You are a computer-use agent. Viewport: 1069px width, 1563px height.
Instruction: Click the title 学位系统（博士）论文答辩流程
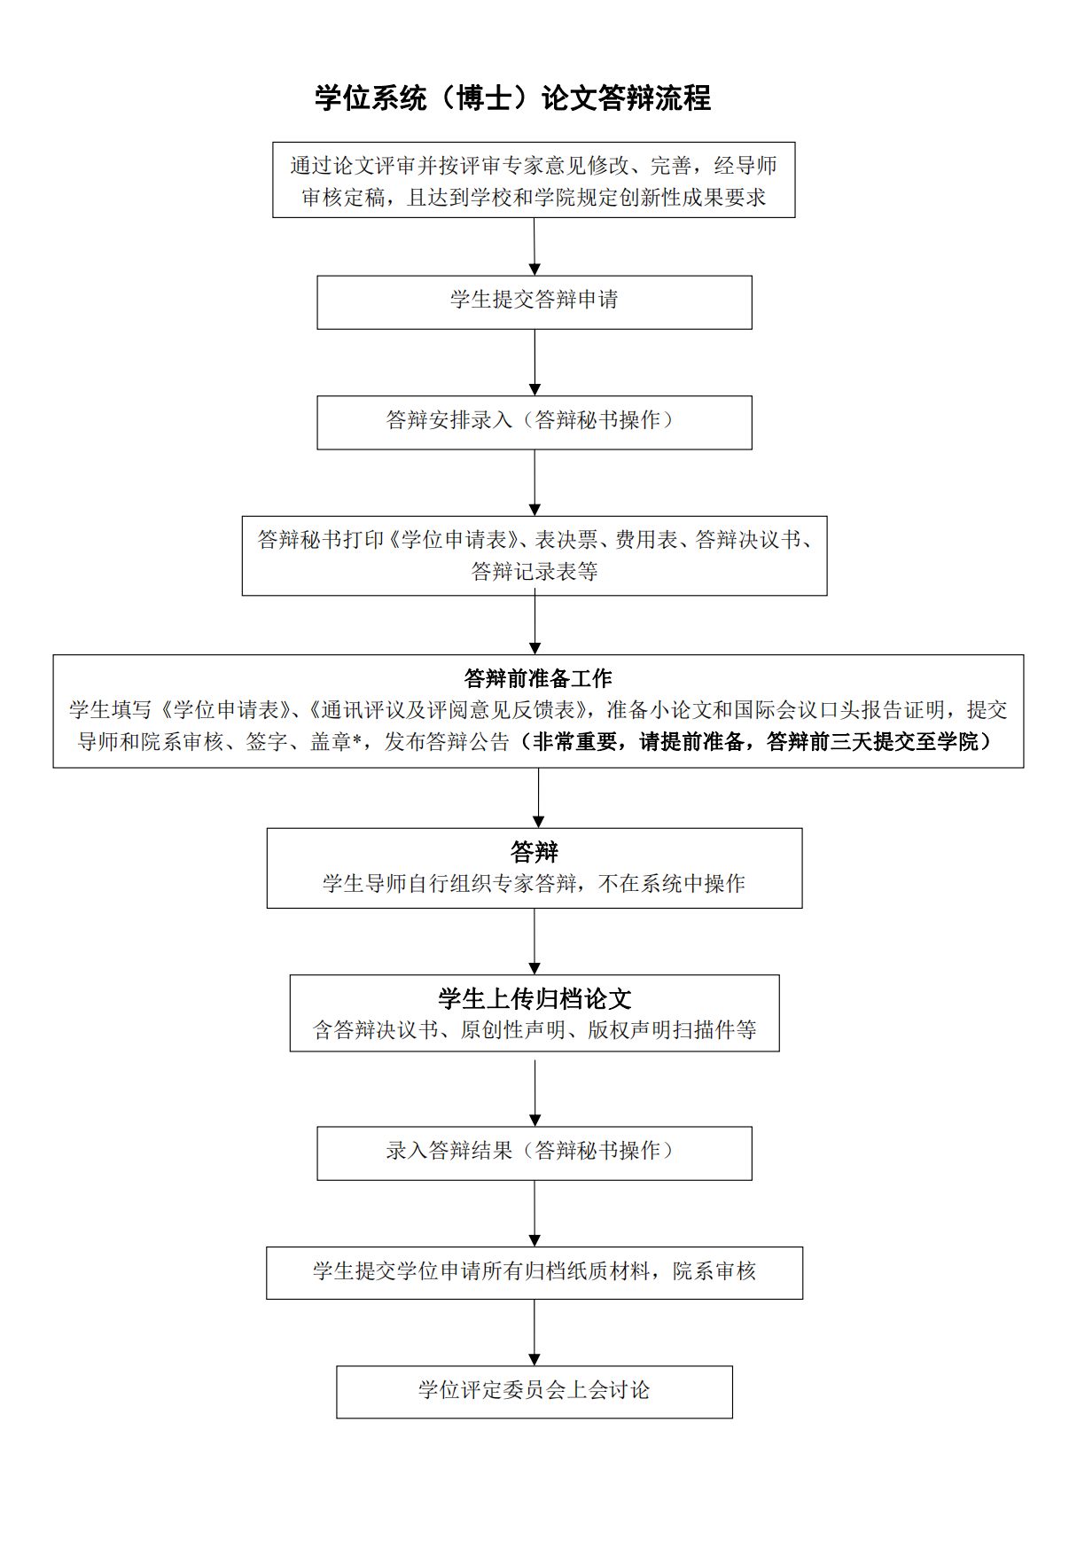click(x=512, y=98)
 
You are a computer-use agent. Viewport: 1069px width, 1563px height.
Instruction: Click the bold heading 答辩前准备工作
click(x=537, y=678)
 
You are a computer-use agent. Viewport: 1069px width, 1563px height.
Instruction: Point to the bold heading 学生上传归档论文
click(x=534, y=998)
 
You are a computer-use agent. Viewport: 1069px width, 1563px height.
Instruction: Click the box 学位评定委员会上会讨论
click(x=534, y=1391)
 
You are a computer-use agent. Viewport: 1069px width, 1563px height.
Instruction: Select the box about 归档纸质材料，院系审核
click(x=534, y=1272)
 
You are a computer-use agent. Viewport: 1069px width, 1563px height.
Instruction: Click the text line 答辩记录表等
click(x=534, y=572)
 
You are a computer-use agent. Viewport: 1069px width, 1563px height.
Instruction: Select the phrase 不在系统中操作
click(x=672, y=884)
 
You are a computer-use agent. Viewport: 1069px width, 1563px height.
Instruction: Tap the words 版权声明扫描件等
click(x=672, y=1030)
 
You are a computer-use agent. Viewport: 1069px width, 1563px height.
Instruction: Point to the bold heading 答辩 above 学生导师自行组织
click(x=534, y=852)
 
